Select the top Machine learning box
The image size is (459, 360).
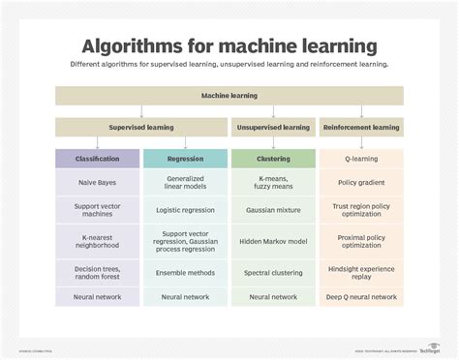tap(229, 96)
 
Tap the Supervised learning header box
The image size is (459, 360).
tap(140, 127)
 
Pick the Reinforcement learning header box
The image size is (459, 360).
tap(361, 127)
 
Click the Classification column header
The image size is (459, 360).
tap(98, 157)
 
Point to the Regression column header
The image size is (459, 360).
tap(185, 157)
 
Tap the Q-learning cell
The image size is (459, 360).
tap(361, 157)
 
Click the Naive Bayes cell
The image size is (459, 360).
tap(98, 181)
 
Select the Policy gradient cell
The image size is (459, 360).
tap(361, 181)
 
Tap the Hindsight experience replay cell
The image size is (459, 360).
tap(361, 272)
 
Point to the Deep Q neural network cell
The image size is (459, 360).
tap(361, 297)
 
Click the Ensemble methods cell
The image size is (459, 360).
tap(185, 272)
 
